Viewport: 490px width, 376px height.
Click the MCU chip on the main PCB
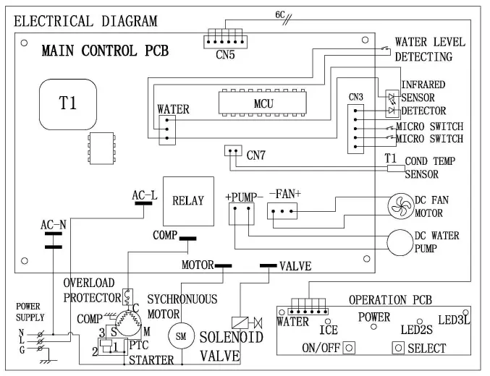click(262, 103)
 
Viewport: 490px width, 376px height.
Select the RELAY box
click(188, 201)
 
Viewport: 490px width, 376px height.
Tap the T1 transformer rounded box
click(68, 104)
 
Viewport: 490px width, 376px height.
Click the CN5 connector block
click(225, 41)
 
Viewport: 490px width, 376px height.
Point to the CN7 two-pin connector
click(233, 150)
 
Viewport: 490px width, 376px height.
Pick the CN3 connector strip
click(355, 129)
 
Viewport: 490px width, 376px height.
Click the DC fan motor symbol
click(401, 206)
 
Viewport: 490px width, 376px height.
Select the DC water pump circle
click(400, 242)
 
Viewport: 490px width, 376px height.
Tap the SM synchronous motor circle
click(181, 336)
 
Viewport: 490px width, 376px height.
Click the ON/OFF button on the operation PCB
click(349, 348)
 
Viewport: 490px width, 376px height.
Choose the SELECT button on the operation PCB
click(398, 348)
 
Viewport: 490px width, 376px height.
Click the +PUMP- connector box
click(242, 214)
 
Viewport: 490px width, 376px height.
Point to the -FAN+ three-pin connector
click(282, 211)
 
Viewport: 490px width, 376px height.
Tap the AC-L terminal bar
click(143, 203)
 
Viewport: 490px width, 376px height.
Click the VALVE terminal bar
click(268, 266)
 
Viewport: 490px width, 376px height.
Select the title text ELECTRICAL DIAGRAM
click(85, 21)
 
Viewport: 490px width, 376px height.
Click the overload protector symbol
click(127, 296)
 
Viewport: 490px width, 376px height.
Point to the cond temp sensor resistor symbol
click(396, 168)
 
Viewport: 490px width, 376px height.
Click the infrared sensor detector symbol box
click(392, 103)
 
